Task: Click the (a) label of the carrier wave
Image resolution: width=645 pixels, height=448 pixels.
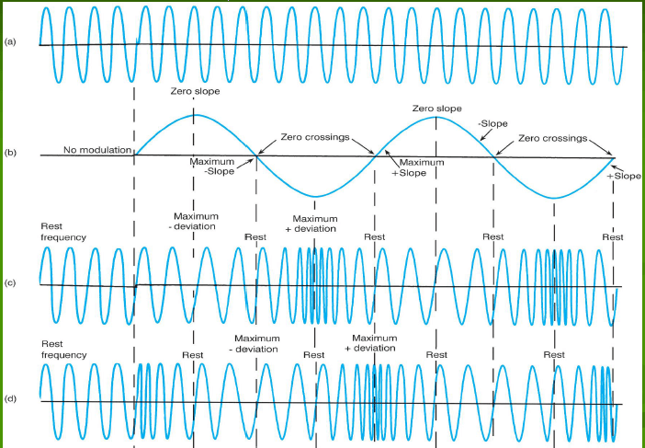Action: point(9,42)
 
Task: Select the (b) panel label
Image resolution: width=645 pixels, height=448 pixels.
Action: point(9,151)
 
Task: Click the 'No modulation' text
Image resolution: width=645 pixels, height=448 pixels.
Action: point(96,150)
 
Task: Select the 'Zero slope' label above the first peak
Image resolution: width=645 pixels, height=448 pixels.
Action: point(194,92)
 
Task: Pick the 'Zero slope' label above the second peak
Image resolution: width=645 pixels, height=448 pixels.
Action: point(436,109)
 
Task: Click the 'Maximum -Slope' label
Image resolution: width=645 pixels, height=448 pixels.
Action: point(212,167)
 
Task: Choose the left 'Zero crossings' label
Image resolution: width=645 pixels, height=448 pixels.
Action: point(315,136)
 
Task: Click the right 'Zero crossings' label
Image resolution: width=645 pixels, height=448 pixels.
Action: point(552,138)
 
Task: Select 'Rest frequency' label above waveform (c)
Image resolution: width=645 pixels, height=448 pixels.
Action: point(63,231)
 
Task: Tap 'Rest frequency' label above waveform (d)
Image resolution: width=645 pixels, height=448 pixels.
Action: point(63,349)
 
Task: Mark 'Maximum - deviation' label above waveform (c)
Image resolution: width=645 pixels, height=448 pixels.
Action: point(194,222)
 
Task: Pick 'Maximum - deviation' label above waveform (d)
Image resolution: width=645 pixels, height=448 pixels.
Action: point(256,343)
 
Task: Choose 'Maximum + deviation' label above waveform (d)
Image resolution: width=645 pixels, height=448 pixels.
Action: point(375,343)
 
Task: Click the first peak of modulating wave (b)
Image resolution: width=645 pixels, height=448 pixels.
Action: point(194,115)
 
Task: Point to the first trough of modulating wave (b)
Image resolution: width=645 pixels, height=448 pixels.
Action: point(315,197)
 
